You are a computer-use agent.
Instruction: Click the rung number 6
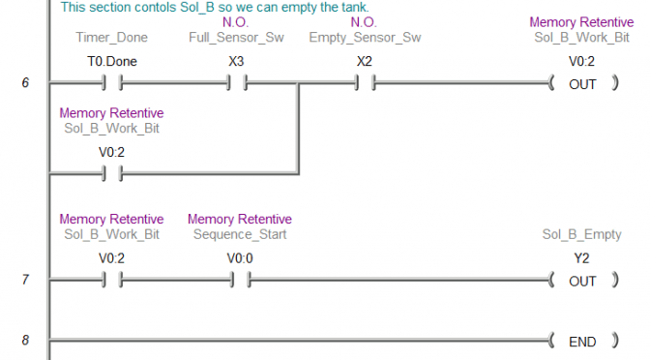tap(25, 83)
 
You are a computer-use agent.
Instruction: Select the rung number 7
tap(25, 280)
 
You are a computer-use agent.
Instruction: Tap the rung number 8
tap(25, 341)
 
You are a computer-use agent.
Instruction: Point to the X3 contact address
tap(235, 61)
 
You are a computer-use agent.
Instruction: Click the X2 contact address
tap(364, 61)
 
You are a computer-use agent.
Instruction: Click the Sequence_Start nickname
tap(239, 234)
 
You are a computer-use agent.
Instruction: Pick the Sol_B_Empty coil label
tap(581, 234)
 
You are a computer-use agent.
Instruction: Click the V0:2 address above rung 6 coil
tap(581, 61)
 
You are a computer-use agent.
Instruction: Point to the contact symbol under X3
tap(235, 83)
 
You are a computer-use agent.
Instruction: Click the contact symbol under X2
tap(364, 83)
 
